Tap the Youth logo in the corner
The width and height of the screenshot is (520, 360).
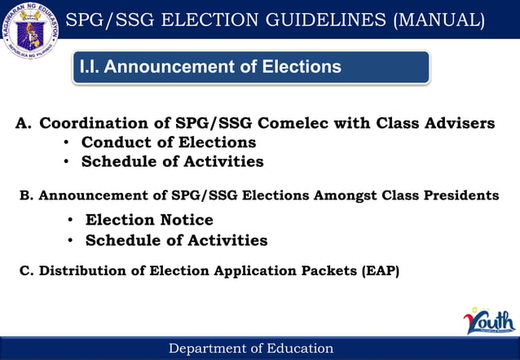pos(489,321)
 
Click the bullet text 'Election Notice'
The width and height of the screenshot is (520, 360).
pos(149,220)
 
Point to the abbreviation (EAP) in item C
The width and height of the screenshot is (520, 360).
pos(380,270)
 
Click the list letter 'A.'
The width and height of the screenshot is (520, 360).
pos(24,124)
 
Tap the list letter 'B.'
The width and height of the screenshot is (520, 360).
pos(26,195)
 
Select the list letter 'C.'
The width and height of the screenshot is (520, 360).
pos(26,270)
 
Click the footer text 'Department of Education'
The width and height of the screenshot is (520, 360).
pos(251,349)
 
